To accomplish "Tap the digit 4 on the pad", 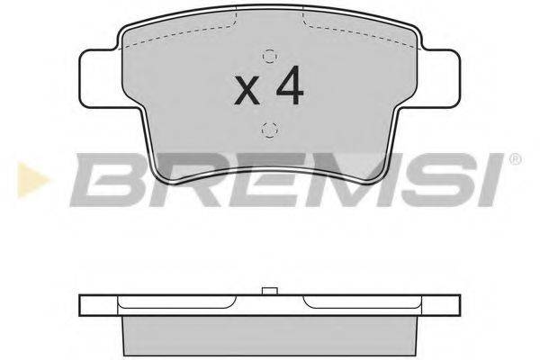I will [288, 85].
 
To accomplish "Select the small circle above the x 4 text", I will [267, 52].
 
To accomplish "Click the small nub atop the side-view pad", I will [267, 290].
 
